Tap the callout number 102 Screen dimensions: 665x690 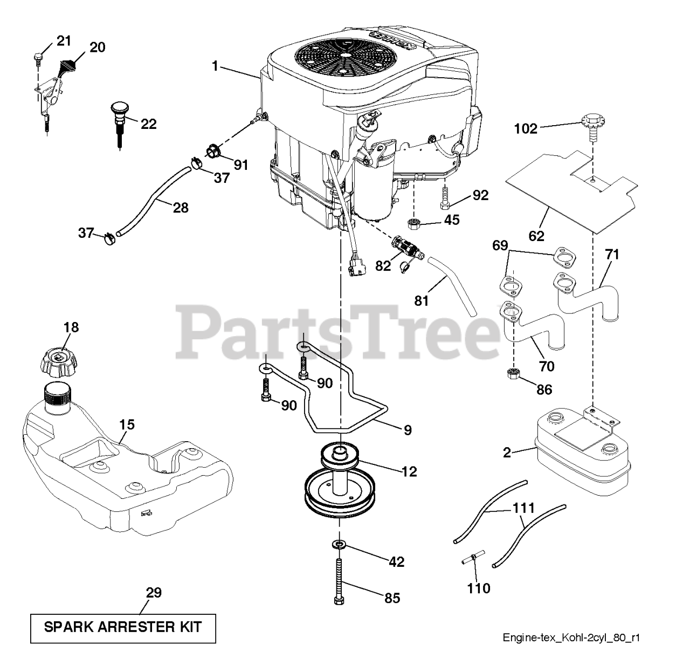click(526, 128)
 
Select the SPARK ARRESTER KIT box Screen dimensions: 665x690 click(123, 628)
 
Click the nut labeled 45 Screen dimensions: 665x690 click(414, 221)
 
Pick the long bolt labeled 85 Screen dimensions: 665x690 click(339, 584)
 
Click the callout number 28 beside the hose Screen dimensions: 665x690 click(181, 207)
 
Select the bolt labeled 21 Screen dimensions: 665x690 click(38, 57)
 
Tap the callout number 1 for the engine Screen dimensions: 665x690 click(215, 66)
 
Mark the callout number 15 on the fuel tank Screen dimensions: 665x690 click(127, 424)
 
